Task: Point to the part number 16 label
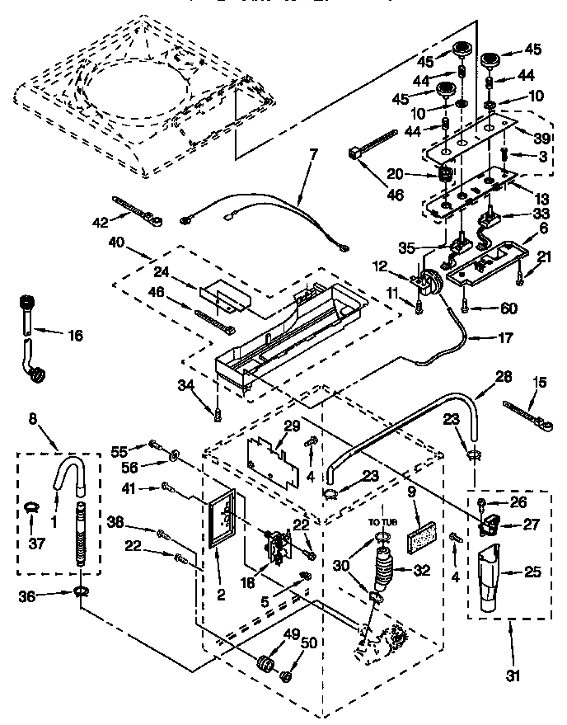tap(76, 335)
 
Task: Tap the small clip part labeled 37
tap(31, 506)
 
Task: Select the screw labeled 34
tap(217, 411)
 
